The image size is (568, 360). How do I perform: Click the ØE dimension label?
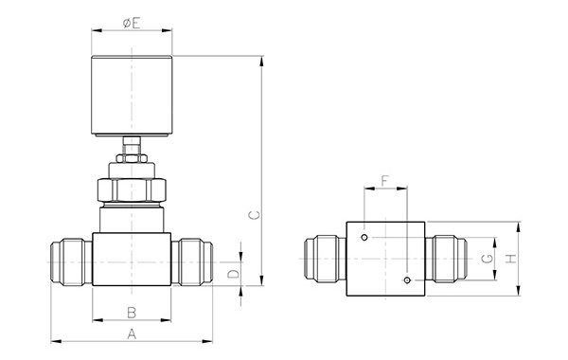(132, 23)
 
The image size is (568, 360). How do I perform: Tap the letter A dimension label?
(132, 333)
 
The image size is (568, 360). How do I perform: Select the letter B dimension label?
(132, 313)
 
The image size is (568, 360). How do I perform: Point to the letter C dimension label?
(255, 215)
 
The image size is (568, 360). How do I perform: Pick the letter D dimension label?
(234, 274)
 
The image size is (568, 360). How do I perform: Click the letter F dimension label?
(385, 181)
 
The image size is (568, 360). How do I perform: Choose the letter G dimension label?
(488, 259)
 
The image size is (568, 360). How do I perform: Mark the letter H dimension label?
(511, 259)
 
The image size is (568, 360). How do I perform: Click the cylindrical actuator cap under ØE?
(132, 96)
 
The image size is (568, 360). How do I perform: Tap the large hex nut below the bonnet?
(132, 190)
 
